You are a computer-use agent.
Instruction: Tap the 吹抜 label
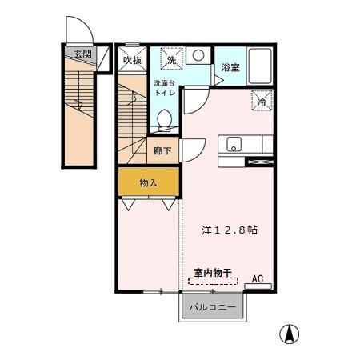132,59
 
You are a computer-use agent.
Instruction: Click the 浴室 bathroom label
230,68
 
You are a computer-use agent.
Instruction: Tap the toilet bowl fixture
165,119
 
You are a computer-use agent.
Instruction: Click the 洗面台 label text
164,83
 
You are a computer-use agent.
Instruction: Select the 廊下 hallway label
161,149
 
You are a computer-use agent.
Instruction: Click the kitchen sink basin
234,145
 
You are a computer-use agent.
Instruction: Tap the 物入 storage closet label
148,182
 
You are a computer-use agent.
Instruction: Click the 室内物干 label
212,273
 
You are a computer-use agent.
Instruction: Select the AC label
258,278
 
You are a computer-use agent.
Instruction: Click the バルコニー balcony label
212,307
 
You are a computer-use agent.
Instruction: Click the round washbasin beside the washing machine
198,55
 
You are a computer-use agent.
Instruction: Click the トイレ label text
164,93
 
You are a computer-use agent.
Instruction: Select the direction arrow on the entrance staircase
78,102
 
